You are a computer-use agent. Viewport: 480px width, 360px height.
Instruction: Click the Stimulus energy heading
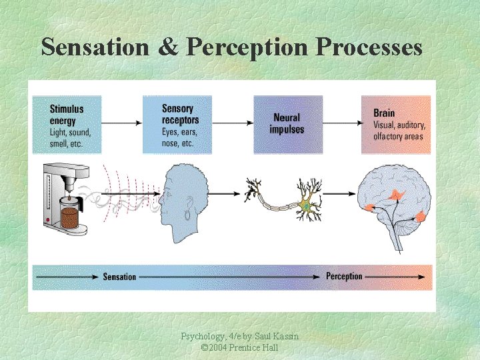click(x=67, y=115)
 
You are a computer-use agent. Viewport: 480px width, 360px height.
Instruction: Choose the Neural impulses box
click(x=287, y=124)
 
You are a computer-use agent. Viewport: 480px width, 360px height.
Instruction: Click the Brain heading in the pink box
click(x=383, y=113)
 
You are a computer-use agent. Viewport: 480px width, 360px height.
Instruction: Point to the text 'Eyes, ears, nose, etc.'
click(x=179, y=137)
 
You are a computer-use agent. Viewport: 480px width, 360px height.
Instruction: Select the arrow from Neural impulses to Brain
click(x=342, y=123)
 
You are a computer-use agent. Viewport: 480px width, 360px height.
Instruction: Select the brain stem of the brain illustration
click(x=398, y=237)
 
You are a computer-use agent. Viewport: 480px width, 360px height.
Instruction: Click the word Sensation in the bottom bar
click(x=119, y=277)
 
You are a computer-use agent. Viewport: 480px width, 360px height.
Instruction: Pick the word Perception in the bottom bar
click(x=344, y=276)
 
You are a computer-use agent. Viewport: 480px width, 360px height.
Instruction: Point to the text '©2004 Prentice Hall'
click(x=239, y=348)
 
